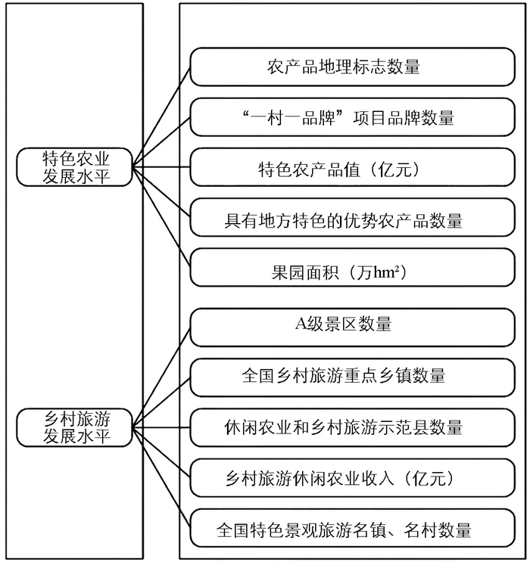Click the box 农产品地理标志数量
pos(343,67)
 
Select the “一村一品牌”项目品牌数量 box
pos(343,117)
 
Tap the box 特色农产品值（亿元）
pos(343,169)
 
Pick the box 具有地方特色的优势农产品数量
pos(343,221)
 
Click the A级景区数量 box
pos(343,325)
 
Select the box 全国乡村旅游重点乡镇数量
pos(343,376)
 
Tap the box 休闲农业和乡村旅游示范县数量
pos(343,427)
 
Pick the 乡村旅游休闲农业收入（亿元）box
pos(343,479)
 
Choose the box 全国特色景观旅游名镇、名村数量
pos(343,529)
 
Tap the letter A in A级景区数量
pos(300,325)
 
